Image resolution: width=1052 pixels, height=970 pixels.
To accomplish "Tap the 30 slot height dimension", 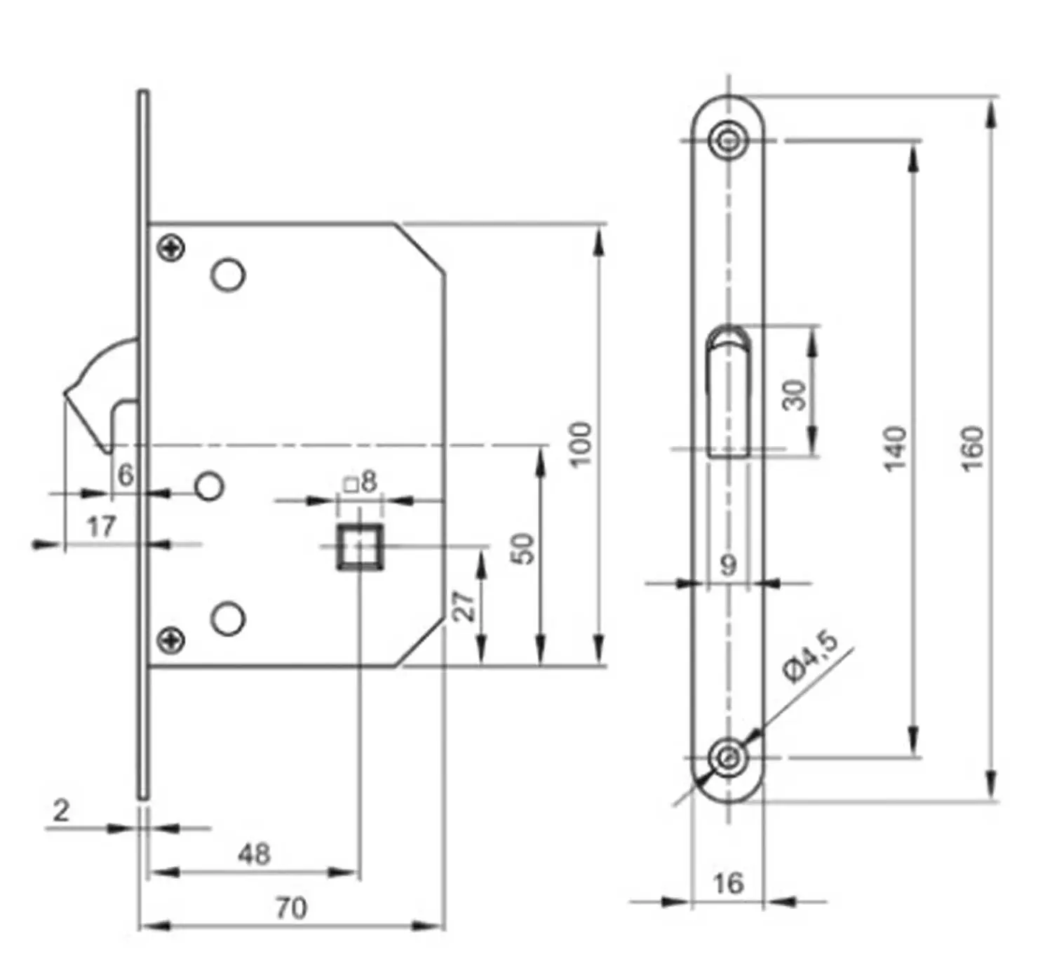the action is pos(795,395).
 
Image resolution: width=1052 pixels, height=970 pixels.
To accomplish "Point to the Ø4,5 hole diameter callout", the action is pos(811,659).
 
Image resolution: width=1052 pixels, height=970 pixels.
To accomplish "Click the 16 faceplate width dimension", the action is pos(729,883).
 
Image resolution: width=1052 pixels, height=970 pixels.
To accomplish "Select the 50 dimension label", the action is pos(524,549).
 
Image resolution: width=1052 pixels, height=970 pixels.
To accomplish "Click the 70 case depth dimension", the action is pos(291,908).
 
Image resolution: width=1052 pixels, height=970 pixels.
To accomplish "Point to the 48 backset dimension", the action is pos(254,854).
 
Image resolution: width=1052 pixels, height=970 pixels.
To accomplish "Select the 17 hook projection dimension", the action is pos(101,527).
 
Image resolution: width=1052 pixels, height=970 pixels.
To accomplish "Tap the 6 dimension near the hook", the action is pos(126,475).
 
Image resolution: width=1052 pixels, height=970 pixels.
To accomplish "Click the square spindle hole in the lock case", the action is pos(360,546).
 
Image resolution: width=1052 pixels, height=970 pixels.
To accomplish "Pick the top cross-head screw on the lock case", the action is pos(171,248).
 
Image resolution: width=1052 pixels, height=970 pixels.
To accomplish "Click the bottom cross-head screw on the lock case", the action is pos(171,640).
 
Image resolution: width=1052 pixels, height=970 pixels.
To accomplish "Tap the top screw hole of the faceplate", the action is pos(729,141).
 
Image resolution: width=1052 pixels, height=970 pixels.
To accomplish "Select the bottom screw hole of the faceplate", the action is pos(729,758).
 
